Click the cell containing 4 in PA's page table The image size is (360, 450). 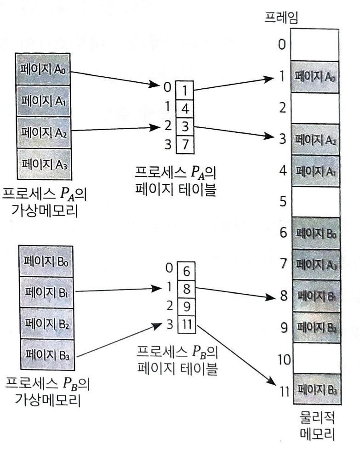184,108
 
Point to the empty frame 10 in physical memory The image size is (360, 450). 315,359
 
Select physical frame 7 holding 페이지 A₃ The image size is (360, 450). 315,264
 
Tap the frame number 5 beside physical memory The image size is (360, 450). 282,202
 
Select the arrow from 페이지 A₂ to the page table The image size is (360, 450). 115,129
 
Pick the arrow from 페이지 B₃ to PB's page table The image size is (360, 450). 115,340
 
